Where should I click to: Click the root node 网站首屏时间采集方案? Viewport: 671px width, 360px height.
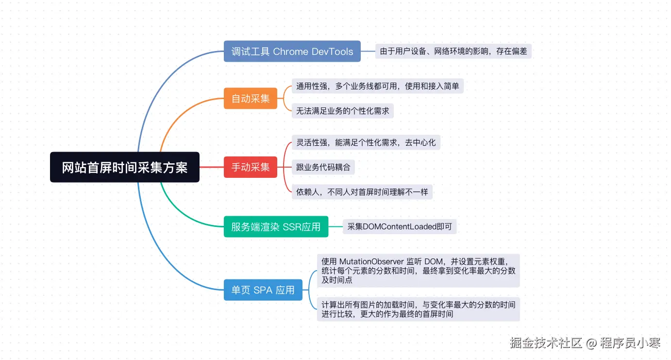point(124,168)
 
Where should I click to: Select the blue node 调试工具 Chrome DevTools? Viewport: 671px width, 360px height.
point(292,51)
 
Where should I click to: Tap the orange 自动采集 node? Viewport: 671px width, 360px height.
point(250,99)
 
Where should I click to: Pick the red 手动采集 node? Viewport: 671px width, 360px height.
point(250,168)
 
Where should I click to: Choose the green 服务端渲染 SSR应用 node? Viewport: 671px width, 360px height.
point(276,227)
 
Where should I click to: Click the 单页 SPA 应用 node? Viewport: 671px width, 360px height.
point(263,290)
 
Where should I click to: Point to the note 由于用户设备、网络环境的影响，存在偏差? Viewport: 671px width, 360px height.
point(453,51)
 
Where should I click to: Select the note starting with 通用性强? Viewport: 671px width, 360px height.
point(377,86)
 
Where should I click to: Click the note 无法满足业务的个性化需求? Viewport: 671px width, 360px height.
point(342,111)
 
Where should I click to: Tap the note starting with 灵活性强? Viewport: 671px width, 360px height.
point(366,142)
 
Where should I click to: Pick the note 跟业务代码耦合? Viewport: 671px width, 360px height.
point(323,168)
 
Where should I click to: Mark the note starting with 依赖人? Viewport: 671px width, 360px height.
point(362,192)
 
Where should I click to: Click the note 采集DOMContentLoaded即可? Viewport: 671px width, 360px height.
point(400,227)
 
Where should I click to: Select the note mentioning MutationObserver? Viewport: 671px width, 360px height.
point(418,271)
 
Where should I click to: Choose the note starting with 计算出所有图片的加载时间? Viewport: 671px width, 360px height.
point(418,309)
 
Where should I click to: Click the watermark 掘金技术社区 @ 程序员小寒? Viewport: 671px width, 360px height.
point(585,343)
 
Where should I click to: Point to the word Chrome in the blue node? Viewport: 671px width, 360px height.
point(291,51)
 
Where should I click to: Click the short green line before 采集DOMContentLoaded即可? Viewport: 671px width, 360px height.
point(335,227)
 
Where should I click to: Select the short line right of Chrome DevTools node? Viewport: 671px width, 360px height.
point(368,51)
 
